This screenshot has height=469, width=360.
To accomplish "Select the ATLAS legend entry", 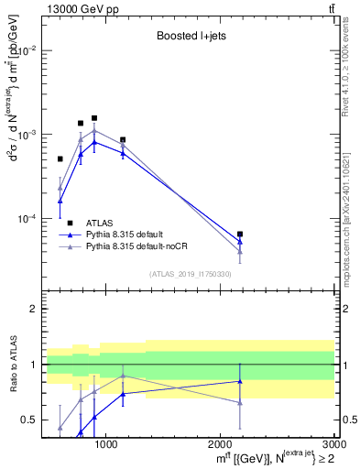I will tap(100, 223).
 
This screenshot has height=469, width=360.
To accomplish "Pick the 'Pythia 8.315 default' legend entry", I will tap(129, 234).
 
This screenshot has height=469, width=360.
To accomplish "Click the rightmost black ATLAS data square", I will tap(240, 234).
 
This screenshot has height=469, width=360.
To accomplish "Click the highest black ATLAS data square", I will tap(94, 118).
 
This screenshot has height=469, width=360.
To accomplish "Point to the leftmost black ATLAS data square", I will tap(60, 159).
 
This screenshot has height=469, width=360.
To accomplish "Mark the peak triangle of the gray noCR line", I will tap(94, 131).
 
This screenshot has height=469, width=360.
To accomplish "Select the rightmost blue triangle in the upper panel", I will tap(240, 242).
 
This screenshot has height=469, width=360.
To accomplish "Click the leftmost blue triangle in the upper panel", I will tap(60, 201).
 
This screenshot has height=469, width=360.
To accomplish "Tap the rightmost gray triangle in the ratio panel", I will tap(240, 402).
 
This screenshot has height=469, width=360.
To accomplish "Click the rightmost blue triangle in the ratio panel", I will tap(240, 381).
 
